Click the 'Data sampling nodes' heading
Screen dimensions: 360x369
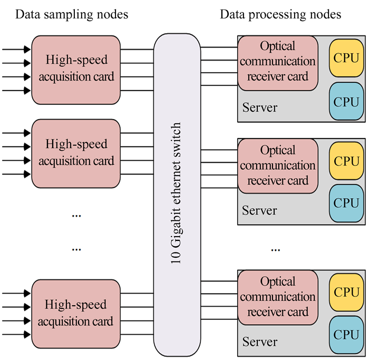coord(72,14)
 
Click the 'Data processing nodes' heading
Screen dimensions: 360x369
coord(280,14)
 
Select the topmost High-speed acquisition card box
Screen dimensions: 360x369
coord(76,70)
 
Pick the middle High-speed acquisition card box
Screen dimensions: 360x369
coord(76,153)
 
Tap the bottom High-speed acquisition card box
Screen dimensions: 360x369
coord(76,313)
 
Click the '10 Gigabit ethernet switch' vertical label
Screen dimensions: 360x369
coord(177,193)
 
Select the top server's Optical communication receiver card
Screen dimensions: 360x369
coord(278,61)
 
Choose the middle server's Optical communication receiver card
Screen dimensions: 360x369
coord(278,166)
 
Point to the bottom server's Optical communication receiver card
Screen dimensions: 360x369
coord(278,297)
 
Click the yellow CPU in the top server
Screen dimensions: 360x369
coord(346,57)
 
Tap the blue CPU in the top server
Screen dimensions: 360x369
coord(346,102)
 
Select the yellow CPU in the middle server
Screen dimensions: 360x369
coord(346,160)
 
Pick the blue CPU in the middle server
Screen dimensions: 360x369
coord(346,203)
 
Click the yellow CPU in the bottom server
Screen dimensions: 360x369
coord(346,291)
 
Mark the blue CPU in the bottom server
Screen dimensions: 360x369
coord(346,334)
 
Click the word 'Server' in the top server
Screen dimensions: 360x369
coord(259,108)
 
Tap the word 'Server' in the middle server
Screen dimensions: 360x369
coord(259,211)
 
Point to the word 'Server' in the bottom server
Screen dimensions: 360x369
coord(259,342)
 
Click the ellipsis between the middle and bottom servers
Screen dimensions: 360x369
coord(275,249)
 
